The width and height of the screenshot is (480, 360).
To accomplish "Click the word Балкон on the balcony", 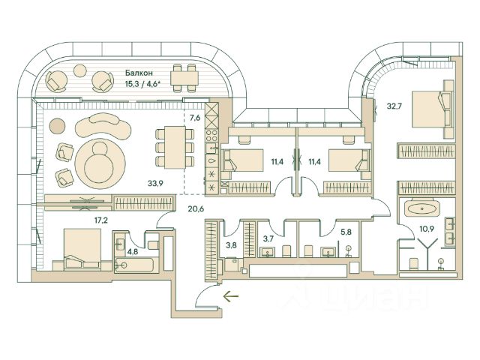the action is point(140,73).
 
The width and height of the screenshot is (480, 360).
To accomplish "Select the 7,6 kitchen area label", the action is point(195,117).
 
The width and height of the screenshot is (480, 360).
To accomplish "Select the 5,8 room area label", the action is point(345,232).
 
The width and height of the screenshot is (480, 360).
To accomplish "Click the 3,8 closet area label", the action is point(232,244).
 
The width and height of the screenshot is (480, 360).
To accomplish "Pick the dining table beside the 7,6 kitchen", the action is point(169,146).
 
